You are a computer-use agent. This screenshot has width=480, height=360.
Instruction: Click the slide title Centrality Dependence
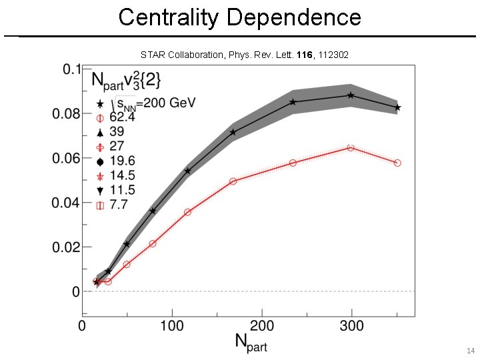pos(239,17)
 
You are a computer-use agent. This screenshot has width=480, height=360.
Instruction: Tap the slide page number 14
pos(471,351)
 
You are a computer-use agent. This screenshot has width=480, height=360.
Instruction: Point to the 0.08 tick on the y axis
pos(66,114)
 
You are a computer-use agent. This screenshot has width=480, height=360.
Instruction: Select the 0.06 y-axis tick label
pos(66,158)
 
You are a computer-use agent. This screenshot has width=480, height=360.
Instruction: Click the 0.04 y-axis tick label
pos(66,203)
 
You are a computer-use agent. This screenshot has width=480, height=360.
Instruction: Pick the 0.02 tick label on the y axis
pos(66,247)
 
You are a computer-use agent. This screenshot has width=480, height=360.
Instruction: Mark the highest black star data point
pos(351,95)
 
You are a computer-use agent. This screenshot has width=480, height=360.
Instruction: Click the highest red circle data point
pos(351,147)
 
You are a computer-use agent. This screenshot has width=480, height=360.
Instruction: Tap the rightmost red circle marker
pos(397,163)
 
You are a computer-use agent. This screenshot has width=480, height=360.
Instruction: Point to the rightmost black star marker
pos(397,107)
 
